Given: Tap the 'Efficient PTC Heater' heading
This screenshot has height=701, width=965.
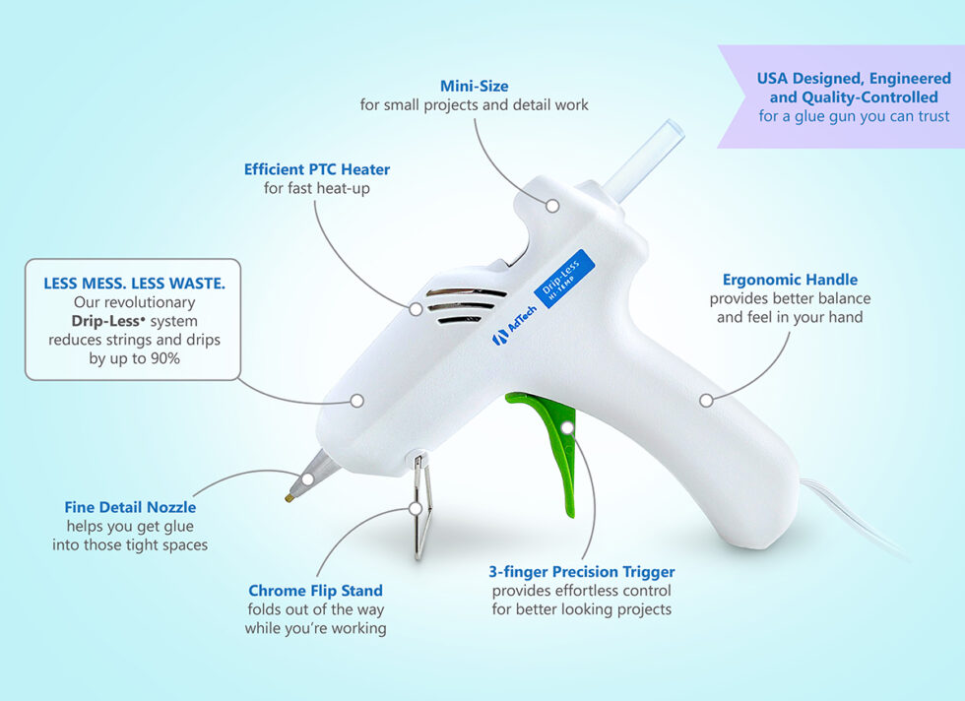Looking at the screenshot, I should pyautogui.click(x=317, y=169).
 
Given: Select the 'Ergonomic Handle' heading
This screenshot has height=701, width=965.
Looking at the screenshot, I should pyautogui.click(x=790, y=280).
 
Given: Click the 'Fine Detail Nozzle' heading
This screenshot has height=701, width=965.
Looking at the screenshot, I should pyautogui.click(x=130, y=507).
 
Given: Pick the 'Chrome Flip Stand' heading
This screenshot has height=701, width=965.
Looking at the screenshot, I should pyautogui.click(x=315, y=591).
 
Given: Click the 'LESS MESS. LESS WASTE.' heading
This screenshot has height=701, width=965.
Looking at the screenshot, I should pyautogui.click(x=134, y=283).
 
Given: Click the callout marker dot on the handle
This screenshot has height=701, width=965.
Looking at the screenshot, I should pyautogui.click(x=705, y=400).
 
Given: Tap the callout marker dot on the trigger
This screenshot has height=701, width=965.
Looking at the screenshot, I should pyautogui.click(x=567, y=426).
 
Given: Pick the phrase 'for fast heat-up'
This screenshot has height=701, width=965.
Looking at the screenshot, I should pyautogui.click(x=317, y=188).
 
